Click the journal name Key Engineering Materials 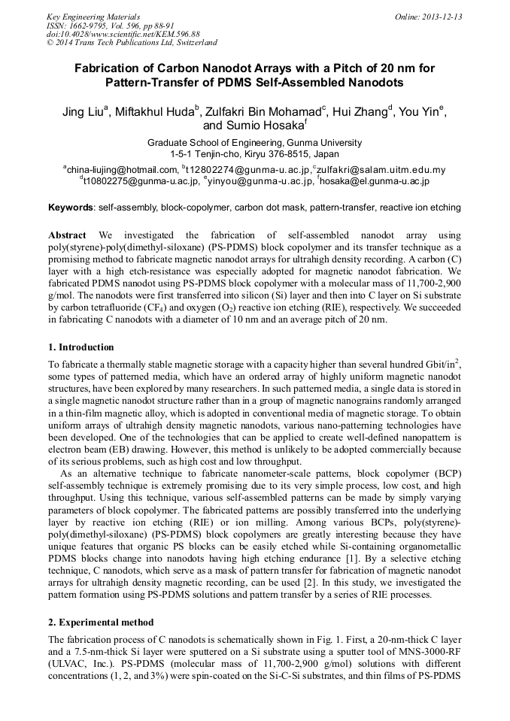click(x=93, y=16)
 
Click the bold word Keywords click(x=71, y=207)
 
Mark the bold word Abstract click(x=67, y=235)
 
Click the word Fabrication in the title click(x=108, y=68)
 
